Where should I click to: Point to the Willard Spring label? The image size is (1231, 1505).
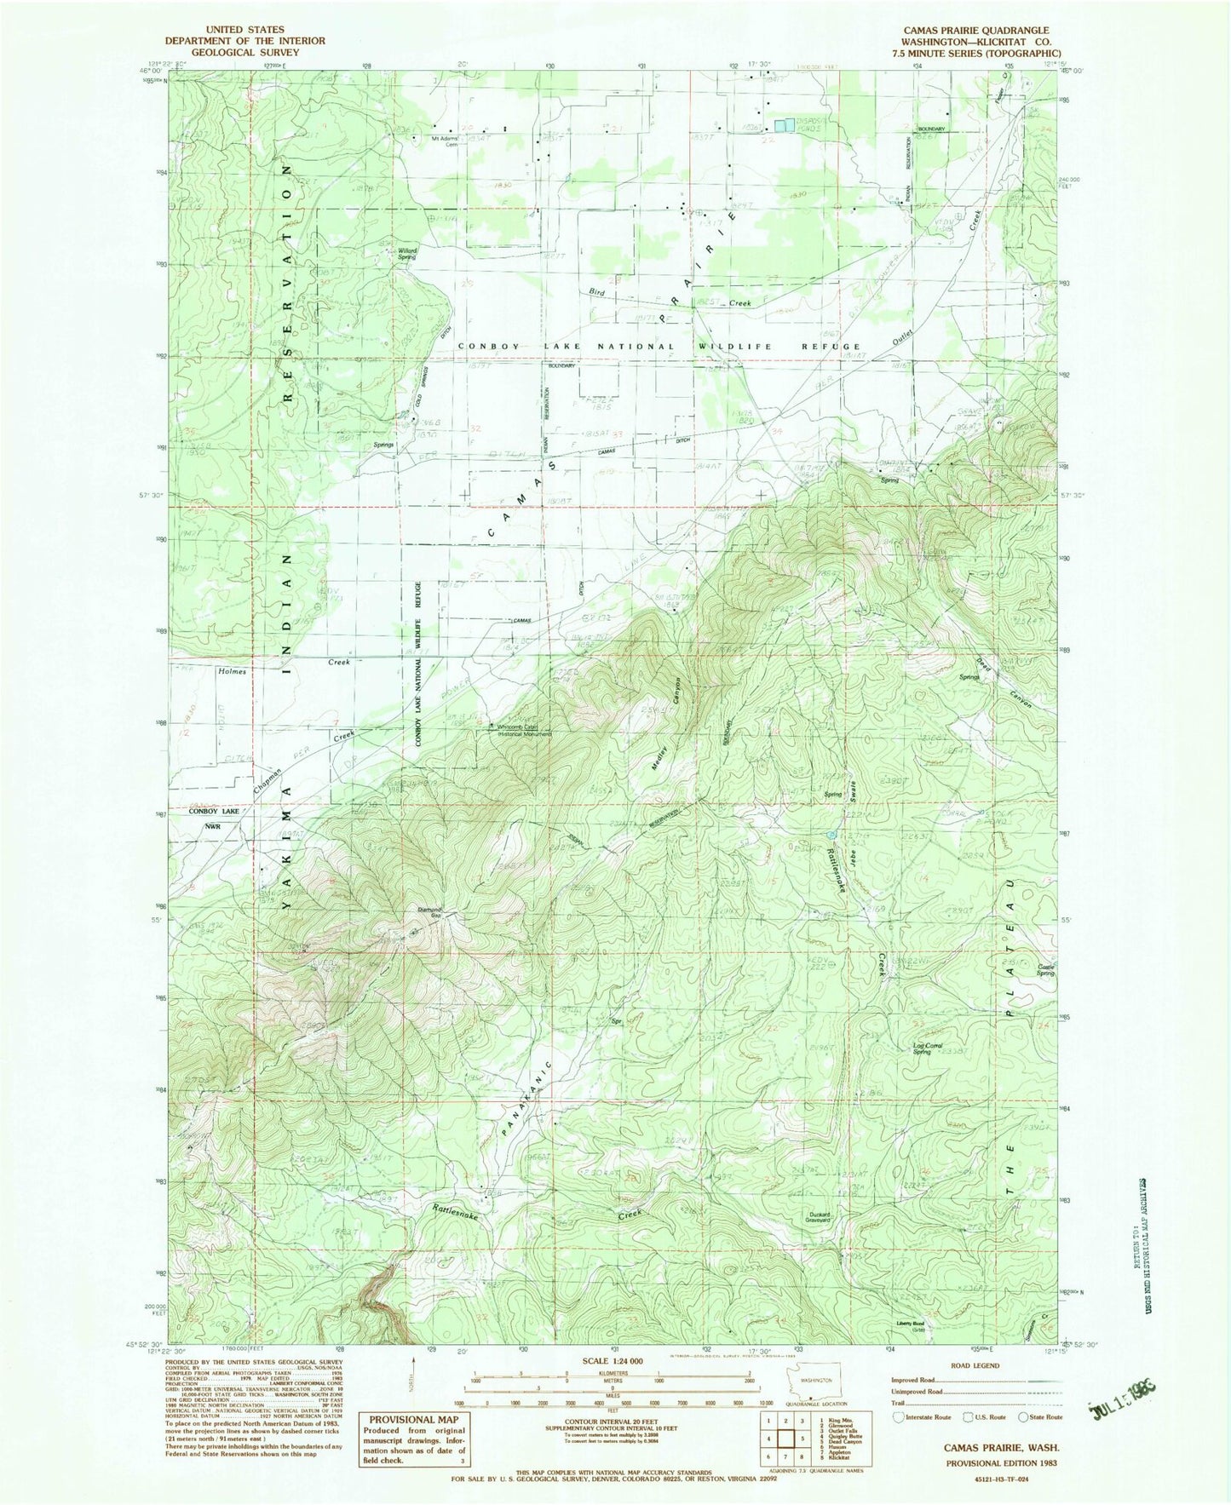coord(407,252)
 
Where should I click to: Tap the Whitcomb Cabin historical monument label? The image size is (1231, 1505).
coord(522,729)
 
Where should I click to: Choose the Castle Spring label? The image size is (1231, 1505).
coord(1046,969)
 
